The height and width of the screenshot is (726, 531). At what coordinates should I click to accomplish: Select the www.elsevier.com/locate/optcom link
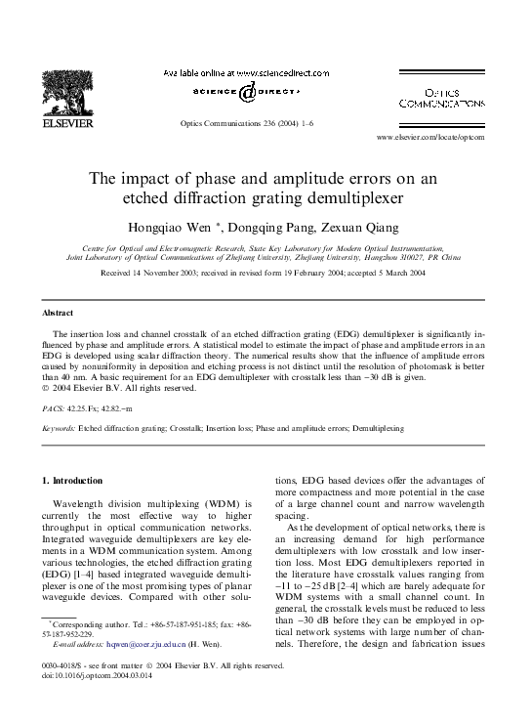(x=430, y=138)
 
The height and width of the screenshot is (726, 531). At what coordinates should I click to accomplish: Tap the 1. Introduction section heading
(x=73, y=481)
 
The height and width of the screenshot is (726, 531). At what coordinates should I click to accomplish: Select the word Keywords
(x=58, y=428)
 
